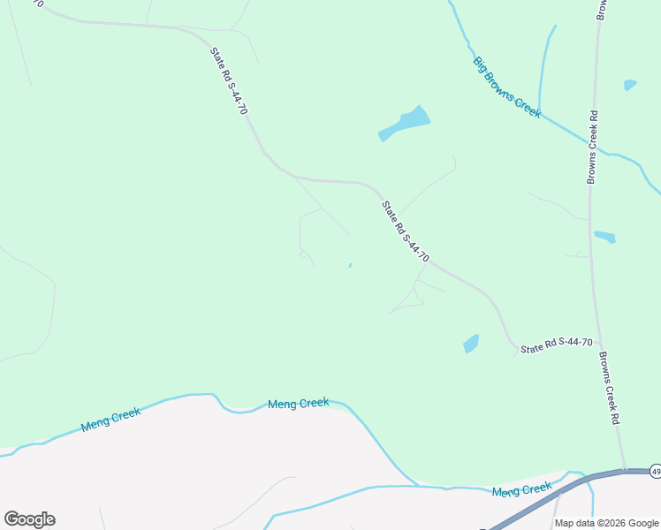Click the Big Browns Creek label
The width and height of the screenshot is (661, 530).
click(x=506, y=87)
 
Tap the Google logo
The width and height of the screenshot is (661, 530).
click(x=29, y=519)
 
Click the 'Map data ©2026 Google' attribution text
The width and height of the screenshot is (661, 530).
click(x=606, y=523)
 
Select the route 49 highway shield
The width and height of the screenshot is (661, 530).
click(x=655, y=470)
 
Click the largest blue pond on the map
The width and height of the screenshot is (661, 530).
click(x=406, y=123)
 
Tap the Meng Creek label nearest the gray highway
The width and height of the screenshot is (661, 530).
click(x=521, y=490)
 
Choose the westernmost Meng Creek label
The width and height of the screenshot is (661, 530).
click(x=110, y=419)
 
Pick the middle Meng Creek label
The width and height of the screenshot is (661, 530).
click(x=298, y=404)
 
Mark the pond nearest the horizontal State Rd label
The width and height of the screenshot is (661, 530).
click(x=471, y=344)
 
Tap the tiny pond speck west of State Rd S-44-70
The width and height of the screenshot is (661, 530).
click(x=351, y=264)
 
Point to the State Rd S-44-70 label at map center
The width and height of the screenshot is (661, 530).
click(x=405, y=231)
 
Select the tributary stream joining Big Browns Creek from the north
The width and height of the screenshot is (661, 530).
click(x=545, y=71)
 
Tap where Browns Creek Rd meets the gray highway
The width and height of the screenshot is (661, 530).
click(x=623, y=471)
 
